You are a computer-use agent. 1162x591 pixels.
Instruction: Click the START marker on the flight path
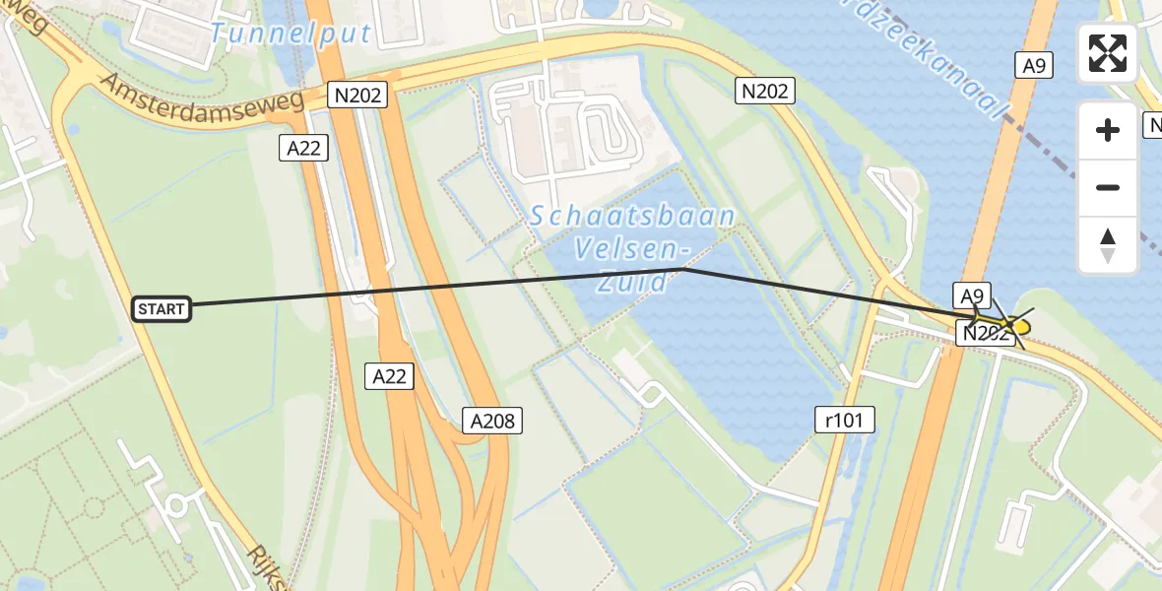click(x=161, y=309)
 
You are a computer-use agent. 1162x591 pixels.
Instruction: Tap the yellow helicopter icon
click(x=1013, y=325)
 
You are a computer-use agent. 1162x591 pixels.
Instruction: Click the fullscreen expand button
click(x=1107, y=53)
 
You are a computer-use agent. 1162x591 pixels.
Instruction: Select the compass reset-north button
click(x=1107, y=245)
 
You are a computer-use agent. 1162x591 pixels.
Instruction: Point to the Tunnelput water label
click(x=291, y=33)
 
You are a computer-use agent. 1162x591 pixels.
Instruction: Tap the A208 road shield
click(x=491, y=422)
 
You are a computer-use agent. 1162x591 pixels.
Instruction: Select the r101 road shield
click(x=844, y=420)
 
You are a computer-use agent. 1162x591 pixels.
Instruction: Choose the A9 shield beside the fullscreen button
click(x=1033, y=66)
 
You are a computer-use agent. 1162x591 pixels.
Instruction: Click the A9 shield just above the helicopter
click(x=971, y=295)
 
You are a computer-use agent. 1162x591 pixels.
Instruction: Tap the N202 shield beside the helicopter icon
click(x=986, y=334)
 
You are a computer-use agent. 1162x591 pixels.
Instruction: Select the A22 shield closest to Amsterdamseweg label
click(x=303, y=148)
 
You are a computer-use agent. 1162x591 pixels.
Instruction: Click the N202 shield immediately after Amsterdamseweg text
click(x=357, y=96)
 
